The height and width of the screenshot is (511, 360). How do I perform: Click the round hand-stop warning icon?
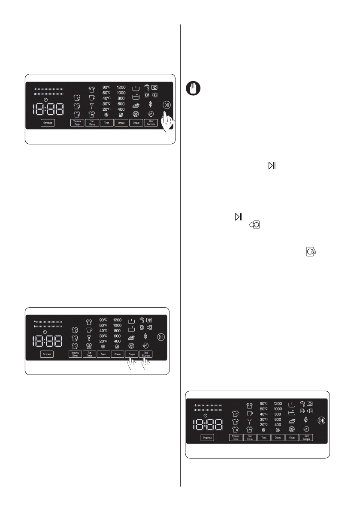tap(194, 89)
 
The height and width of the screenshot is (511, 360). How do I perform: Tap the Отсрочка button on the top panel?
tap(47, 123)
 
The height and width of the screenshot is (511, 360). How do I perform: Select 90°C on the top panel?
tap(107, 87)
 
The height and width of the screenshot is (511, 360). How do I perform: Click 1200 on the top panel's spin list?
tap(121, 87)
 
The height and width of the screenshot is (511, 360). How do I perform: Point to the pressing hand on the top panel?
tap(169, 122)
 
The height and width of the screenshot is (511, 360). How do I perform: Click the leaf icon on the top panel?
tap(150, 104)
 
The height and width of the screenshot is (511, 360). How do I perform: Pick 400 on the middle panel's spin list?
tap(118, 341)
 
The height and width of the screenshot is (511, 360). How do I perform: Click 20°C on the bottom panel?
tap(263, 424)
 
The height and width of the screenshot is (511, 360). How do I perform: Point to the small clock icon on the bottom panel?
tap(205, 416)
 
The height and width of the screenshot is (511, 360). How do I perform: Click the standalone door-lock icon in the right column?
tap(312, 251)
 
